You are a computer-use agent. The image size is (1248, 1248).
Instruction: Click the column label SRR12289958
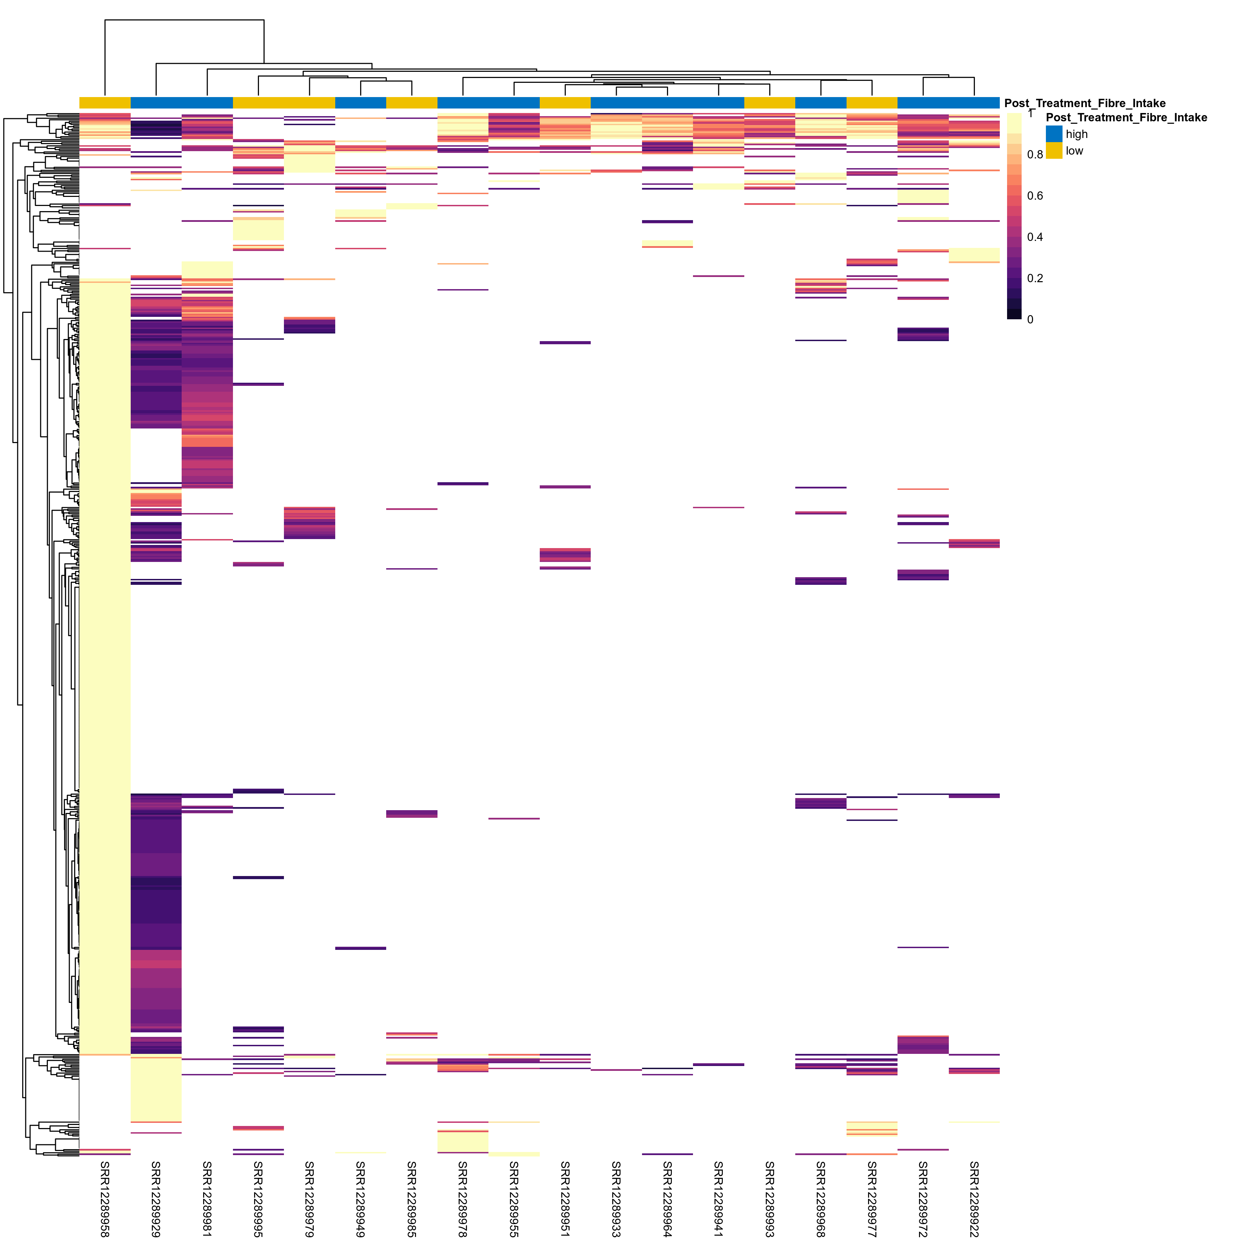coord(105,1198)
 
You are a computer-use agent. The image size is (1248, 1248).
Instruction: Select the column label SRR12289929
coord(156,1198)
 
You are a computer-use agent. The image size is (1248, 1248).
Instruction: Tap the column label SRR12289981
coord(207,1198)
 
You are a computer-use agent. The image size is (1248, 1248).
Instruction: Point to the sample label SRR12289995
coord(258,1198)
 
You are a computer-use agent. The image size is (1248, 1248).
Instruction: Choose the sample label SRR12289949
coord(361,1198)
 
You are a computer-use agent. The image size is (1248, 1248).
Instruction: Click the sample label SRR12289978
coord(462,1198)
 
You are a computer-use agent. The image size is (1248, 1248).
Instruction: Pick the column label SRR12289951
coord(565,1198)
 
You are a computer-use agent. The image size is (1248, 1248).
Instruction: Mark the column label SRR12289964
coord(667,1198)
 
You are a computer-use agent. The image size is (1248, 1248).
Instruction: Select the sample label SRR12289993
coord(769,1198)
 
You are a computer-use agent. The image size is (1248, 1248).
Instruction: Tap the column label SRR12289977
coord(872,1198)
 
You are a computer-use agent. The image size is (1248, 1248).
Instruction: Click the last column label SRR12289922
coord(974,1198)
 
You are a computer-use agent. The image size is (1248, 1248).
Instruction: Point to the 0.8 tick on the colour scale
coord(1035,154)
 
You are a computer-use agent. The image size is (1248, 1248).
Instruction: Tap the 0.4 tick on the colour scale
coord(1035,237)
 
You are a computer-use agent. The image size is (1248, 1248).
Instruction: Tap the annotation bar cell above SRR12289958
coord(105,103)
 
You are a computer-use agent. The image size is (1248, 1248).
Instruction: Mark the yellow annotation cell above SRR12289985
coord(411,103)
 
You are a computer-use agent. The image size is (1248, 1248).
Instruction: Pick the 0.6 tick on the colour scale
coord(1035,196)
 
